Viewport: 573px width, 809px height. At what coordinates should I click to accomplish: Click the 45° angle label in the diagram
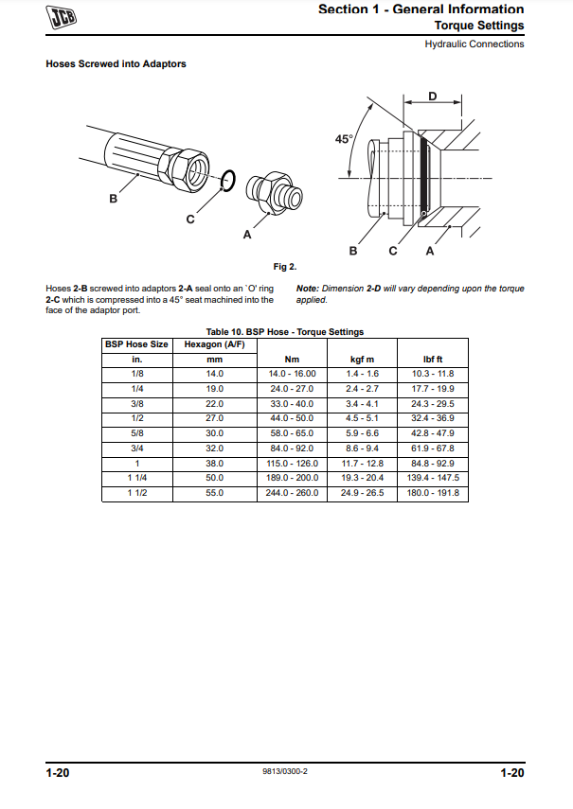pos(345,139)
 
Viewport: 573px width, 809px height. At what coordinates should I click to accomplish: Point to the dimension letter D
pos(432,97)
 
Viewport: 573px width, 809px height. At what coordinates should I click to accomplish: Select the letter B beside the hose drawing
pos(113,199)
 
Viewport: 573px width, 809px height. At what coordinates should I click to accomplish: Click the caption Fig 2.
pos(285,267)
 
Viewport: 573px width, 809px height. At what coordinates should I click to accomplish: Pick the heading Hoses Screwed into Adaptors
pos(116,64)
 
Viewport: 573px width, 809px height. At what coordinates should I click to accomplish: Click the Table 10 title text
pos(285,332)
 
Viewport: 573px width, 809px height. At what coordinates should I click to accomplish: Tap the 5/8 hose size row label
pos(137,433)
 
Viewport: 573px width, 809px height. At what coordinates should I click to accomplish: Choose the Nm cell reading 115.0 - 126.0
pos(293,464)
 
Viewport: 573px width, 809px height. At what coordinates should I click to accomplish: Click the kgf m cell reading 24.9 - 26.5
pos(363,493)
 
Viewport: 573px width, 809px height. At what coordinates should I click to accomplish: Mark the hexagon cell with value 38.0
pos(215,464)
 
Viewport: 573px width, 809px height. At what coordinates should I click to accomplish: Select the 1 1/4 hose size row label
pos(137,479)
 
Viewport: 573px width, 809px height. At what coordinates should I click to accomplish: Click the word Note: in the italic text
pos(308,289)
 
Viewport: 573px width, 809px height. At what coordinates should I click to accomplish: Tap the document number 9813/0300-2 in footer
pos(285,773)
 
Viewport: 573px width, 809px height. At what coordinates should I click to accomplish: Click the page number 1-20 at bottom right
pos(511,774)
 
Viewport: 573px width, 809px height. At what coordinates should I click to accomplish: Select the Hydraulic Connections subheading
pos(474,44)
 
